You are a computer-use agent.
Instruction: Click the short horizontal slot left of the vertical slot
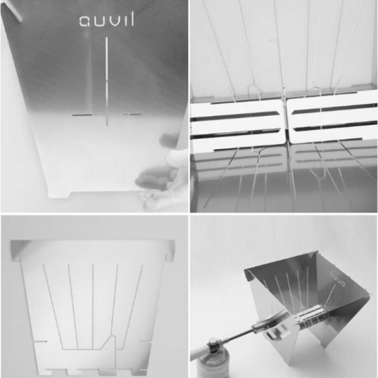86,115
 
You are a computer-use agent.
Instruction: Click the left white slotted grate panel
236,121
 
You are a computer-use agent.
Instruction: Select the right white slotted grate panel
332,118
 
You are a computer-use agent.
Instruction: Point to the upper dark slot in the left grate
236,112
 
